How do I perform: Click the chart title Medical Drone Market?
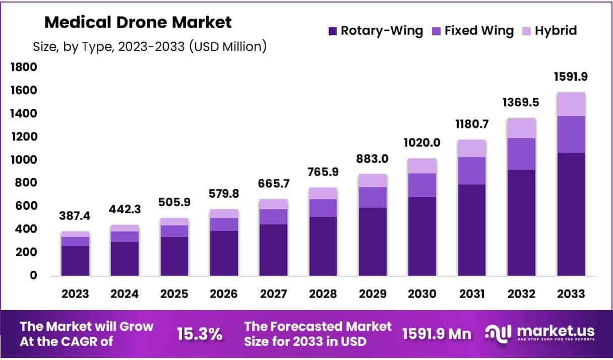tap(138, 23)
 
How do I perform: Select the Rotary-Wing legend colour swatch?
tap(333, 31)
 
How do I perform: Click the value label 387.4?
tap(76, 216)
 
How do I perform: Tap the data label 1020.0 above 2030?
tap(422, 143)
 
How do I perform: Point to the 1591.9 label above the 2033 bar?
tap(571, 77)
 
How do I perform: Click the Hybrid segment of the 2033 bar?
tap(571, 104)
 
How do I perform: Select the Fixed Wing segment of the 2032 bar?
tap(521, 154)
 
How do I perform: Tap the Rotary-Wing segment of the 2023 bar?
tap(76, 261)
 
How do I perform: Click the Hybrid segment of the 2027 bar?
tap(274, 204)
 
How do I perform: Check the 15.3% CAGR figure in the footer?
tap(200, 334)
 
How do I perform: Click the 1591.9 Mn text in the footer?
tap(437, 334)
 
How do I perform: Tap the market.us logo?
tap(539, 333)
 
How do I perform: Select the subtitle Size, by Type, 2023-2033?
tap(150, 47)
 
